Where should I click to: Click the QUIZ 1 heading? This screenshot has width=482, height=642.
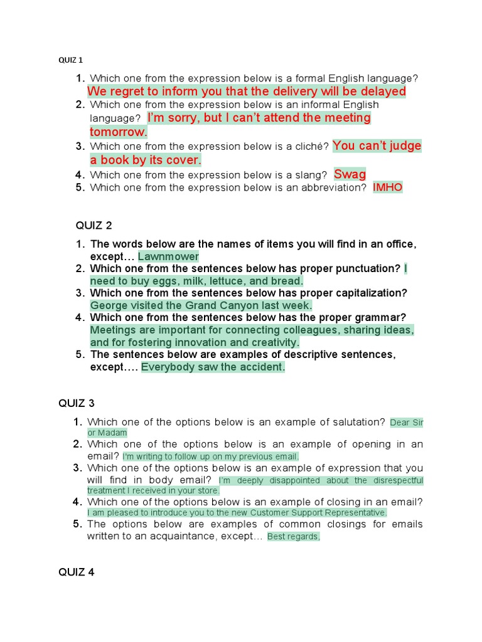[70, 60]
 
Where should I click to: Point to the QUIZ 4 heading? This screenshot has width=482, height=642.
[76, 572]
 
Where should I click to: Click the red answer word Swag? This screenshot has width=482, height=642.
[350, 174]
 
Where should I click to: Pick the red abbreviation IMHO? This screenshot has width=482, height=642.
[387, 187]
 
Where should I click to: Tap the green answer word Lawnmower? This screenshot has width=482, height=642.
[168, 256]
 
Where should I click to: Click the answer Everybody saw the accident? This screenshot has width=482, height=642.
[213, 367]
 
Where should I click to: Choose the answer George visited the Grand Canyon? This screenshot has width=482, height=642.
[201, 305]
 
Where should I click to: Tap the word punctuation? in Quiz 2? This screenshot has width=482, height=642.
[367, 268]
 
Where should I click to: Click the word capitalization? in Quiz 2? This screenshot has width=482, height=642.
[370, 293]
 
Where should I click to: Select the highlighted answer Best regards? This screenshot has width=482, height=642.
[293, 537]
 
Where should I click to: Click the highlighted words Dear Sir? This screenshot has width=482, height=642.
[407, 423]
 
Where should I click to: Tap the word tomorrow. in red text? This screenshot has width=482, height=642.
[118, 132]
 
